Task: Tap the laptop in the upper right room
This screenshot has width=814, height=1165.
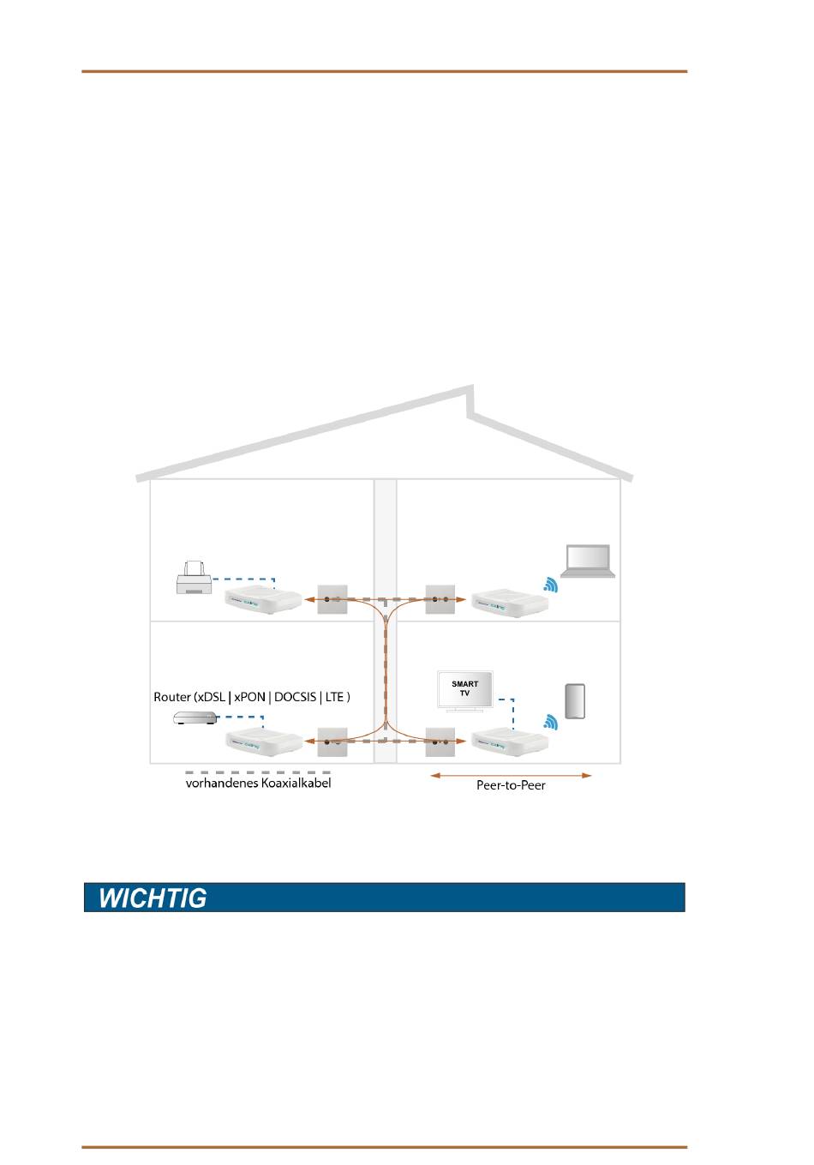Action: tap(587, 561)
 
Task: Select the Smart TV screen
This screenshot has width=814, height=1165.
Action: tap(465, 690)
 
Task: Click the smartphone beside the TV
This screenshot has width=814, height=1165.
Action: tap(574, 701)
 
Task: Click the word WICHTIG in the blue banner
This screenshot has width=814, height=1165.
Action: tap(153, 898)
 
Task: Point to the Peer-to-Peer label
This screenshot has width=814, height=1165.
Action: tap(511, 785)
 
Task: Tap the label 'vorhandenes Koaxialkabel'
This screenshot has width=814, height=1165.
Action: tap(258, 783)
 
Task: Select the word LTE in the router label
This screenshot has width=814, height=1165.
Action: tap(336, 697)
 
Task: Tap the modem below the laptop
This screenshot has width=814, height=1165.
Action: tap(509, 604)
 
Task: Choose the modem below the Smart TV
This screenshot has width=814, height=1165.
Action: tap(509, 741)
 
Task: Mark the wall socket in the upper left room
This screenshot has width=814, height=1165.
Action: tap(332, 599)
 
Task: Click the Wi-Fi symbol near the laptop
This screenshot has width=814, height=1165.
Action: tap(551, 586)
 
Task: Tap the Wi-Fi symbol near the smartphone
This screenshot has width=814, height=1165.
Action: tap(551, 723)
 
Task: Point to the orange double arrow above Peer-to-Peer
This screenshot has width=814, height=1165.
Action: tap(511, 775)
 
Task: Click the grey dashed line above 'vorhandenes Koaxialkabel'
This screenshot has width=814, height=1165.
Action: tap(258, 772)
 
